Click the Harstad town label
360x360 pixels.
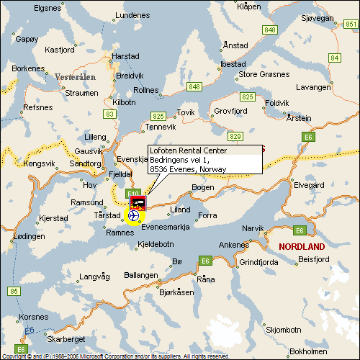[x=126, y=55]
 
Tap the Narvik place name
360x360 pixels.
[x=253, y=228]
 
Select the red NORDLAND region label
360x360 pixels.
[x=301, y=246]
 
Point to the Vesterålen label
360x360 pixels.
[x=74, y=76]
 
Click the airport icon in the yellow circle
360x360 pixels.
[x=134, y=215]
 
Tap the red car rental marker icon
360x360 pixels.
[x=137, y=203]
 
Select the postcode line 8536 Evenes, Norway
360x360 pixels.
[x=188, y=169]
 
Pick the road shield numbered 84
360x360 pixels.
[x=334, y=57]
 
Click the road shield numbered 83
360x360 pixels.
[x=109, y=114]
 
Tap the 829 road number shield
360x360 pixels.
[x=235, y=135]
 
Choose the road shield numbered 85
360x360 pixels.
[x=14, y=291]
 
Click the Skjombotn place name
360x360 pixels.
[x=283, y=329]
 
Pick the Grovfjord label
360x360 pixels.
[x=230, y=111]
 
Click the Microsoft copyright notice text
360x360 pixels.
[x=115, y=356]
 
